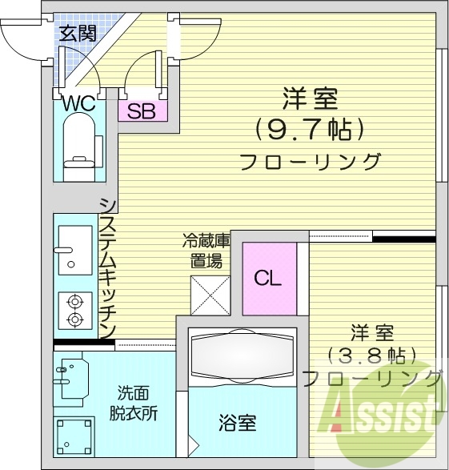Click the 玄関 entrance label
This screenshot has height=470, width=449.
point(78,33)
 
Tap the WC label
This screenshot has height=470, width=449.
point(79,104)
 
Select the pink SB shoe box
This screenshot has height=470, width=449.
point(142,110)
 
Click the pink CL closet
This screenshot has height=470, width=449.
point(269,279)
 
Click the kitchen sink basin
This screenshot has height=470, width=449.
point(75,251)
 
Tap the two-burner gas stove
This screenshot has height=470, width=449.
point(75,311)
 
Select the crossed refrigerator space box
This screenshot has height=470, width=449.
point(210,295)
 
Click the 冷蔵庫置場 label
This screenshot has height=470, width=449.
point(206,251)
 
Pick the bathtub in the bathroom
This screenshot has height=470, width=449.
point(243,356)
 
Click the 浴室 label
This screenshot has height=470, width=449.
point(237,423)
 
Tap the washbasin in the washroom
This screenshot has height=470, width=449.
point(72,379)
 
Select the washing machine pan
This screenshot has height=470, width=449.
point(74,436)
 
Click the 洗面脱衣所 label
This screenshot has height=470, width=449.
point(134,404)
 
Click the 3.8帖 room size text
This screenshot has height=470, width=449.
point(372,356)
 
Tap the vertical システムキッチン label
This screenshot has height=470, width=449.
point(107,268)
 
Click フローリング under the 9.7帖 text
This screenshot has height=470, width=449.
point(311,162)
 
